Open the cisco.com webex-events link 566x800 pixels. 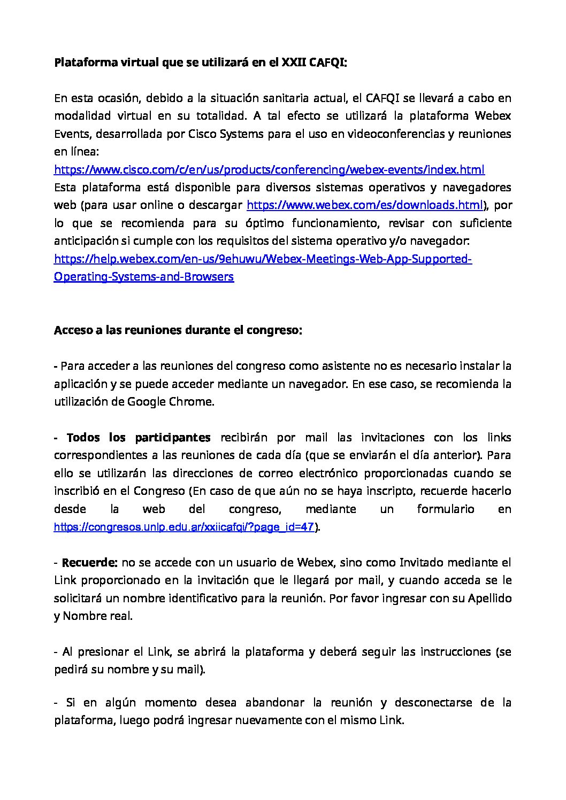269,170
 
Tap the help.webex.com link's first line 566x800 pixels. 263,259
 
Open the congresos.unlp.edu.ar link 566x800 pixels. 184,527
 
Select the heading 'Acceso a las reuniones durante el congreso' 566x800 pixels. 178,330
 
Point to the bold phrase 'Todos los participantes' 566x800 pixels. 139,438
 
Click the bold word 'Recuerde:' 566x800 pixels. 90,563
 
